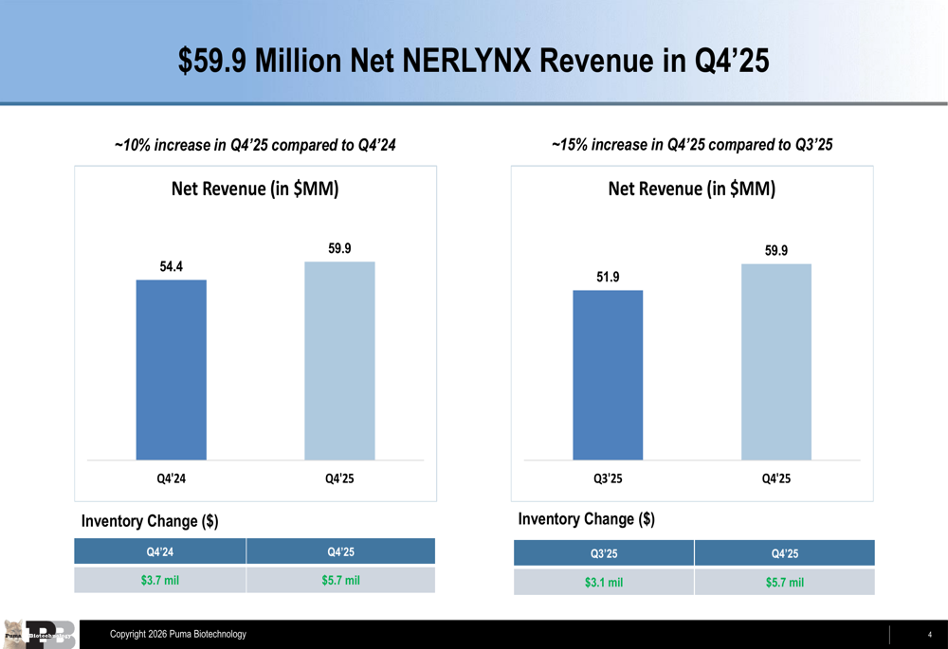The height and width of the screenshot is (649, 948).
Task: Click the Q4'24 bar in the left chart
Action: pos(171,370)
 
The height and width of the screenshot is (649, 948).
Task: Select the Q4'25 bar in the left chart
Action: pos(339,361)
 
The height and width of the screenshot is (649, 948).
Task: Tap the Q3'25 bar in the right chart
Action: pos(608,375)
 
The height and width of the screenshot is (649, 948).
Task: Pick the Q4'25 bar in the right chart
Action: pos(776,362)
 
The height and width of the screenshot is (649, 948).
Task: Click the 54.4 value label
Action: pos(171,267)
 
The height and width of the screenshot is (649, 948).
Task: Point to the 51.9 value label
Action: pos(608,277)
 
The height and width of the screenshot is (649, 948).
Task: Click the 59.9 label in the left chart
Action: pos(339,248)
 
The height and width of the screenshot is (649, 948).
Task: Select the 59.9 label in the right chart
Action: pos(776,250)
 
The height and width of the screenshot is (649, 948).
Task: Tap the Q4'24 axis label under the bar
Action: pos(171,478)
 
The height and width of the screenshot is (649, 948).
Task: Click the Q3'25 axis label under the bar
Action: pos(608,478)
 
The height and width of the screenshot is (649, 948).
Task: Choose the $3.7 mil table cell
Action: pos(159,580)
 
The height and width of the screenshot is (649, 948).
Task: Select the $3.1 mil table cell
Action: pos(604,582)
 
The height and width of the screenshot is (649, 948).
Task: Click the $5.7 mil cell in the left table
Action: pos(340,580)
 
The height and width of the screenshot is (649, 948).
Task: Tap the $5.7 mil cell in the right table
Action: pos(784,582)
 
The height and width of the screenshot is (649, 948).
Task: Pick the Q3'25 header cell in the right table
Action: pos(604,553)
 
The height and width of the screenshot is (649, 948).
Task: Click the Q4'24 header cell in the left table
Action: pos(159,551)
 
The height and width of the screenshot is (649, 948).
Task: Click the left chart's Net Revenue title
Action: pos(255,189)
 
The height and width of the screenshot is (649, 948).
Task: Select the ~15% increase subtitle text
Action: pos(692,145)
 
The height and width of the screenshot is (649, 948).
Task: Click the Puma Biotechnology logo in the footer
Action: pos(40,634)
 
